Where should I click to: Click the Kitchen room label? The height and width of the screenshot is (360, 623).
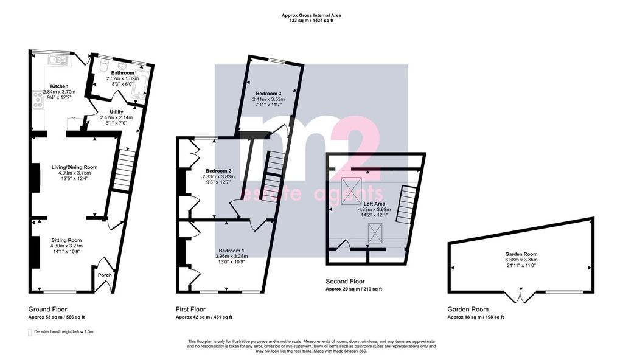pos(59,86)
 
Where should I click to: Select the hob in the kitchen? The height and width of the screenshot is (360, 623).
pos(38,100)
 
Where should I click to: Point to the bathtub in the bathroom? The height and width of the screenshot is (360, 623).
pos(141,82)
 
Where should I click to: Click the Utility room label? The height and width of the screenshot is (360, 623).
pos(116,112)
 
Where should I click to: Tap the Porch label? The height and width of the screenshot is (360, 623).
pos(105,275)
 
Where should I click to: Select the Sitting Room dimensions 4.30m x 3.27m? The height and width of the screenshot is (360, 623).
pos(66,246)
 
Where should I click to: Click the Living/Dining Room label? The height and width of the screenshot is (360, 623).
pos(75,167)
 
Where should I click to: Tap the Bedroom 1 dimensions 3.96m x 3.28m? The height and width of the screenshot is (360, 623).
pos(232,256)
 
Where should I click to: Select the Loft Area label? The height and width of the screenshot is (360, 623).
pos(374,204)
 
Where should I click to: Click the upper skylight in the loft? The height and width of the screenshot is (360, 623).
pos(351,191)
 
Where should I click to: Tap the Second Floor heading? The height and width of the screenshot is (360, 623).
pos(346,282)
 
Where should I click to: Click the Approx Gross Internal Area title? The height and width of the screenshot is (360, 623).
pos(311,15)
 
